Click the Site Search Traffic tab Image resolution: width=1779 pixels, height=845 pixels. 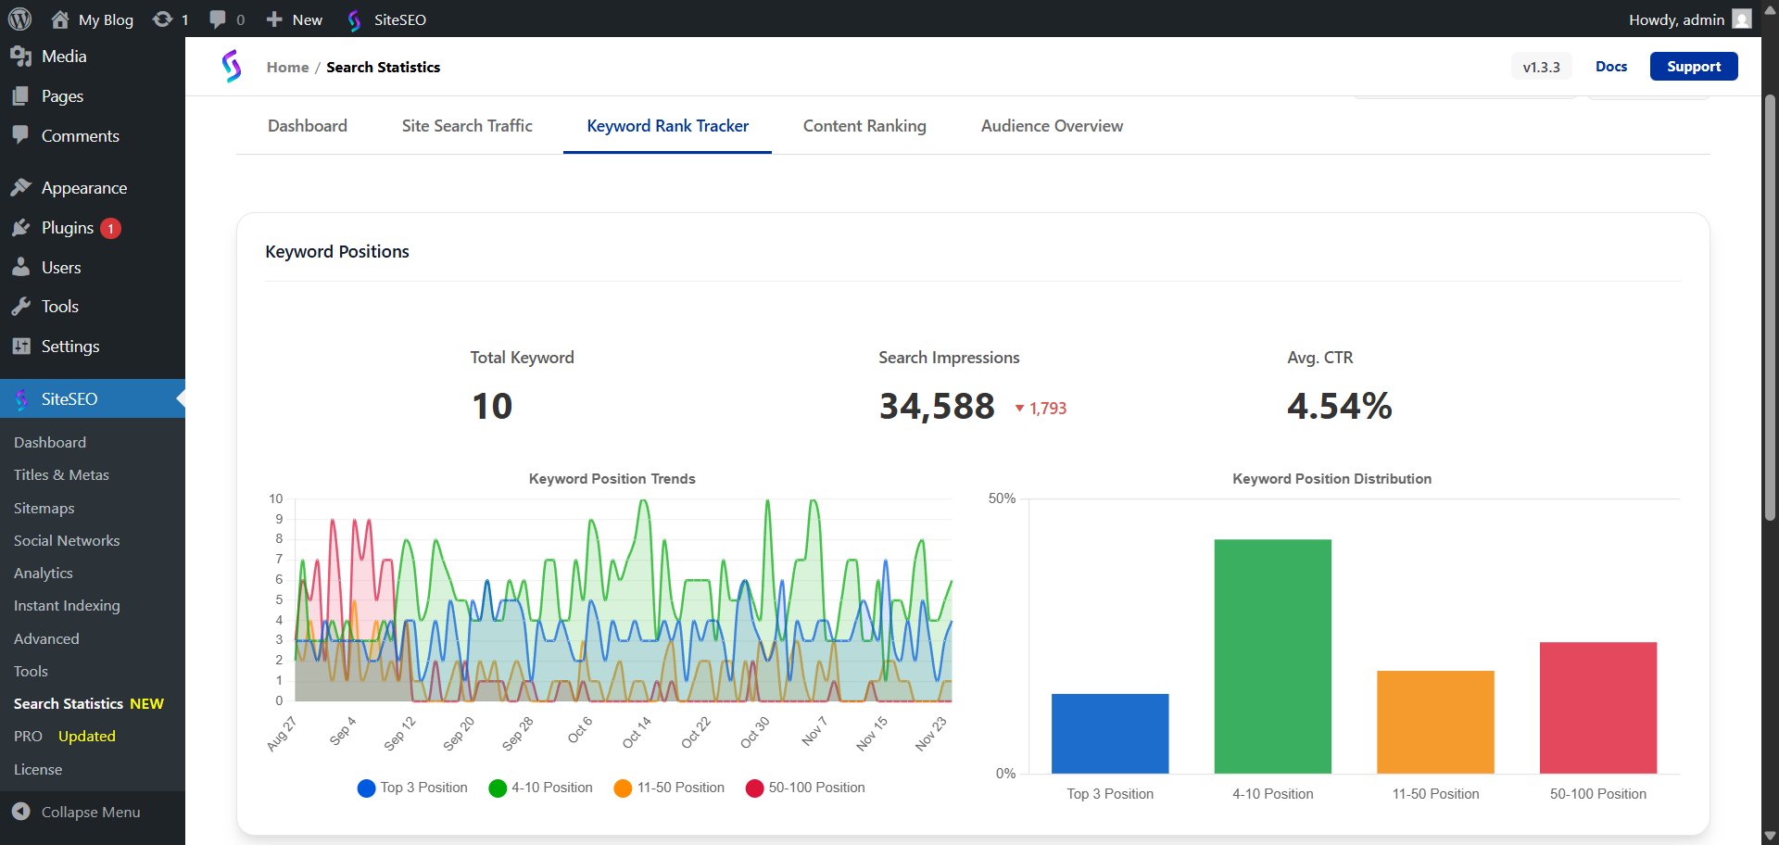click(467, 126)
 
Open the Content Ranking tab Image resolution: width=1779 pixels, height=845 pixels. click(864, 126)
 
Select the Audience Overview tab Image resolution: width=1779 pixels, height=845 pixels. click(1052, 126)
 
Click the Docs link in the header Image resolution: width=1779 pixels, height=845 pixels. click(1611, 67)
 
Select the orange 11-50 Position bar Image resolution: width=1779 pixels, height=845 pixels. click(1435, 722)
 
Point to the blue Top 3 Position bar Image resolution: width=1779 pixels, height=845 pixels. click(1110, 733)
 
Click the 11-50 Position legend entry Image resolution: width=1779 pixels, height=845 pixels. click(670, 788)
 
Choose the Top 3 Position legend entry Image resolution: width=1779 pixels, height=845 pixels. click(413, 788)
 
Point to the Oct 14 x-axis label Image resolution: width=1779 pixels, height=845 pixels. click(637, 732)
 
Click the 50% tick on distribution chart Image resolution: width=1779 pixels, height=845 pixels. click(1002, 498)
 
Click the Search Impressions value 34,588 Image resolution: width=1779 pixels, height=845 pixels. click(937, 406)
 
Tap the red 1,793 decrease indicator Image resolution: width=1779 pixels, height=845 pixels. click(1041, 409)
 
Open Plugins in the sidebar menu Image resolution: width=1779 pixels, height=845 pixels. click(67, 228)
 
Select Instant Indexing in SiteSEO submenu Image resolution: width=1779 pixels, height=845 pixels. click(67, 606)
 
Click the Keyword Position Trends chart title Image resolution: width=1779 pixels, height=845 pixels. click(612, 479)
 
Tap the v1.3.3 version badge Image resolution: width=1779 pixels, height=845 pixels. click(1541, 67)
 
